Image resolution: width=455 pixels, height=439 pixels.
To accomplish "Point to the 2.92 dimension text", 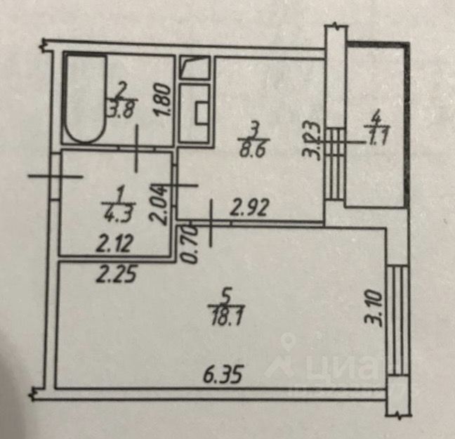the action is click(251, 208).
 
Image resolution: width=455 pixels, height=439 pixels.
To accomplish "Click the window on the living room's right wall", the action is click(397, 320).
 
